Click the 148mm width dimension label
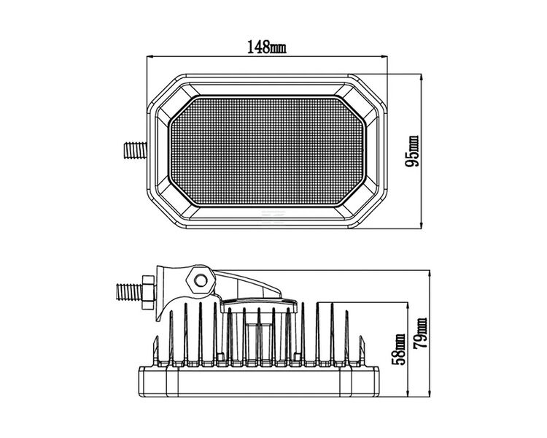pos(266,48)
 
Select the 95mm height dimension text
pos(413,151)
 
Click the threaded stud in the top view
pos(134,150)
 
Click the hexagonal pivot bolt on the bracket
pos(198,278)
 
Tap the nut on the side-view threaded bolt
pos(147,289)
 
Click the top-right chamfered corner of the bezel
pos(368,87)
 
